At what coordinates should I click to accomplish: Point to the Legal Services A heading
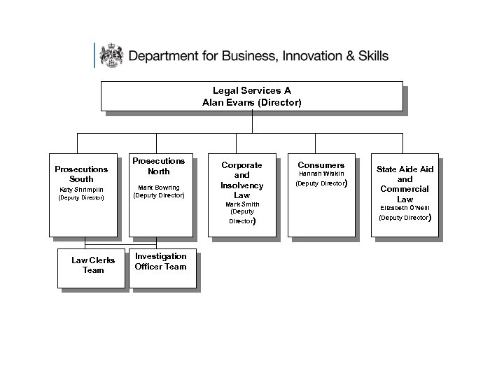click(252, 90)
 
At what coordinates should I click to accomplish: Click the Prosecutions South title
click(83, 174)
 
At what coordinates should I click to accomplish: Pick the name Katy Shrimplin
click(83, 189)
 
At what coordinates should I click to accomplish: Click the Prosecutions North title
click(159, 166)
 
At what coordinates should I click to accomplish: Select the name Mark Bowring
click(159, 188)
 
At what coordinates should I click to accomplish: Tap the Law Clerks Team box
click(93, 265)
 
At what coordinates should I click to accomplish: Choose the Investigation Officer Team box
click(160, 261)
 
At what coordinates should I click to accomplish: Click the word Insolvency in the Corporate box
click(241, 185)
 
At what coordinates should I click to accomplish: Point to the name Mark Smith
click(241, 204)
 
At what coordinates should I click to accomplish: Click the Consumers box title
click(321, 165)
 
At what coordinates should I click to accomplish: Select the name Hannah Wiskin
click(321, 173)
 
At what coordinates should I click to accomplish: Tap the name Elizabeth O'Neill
click(405, 208)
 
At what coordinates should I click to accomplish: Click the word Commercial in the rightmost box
click(405, 189)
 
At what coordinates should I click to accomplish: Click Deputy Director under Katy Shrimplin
click(83, 197)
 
